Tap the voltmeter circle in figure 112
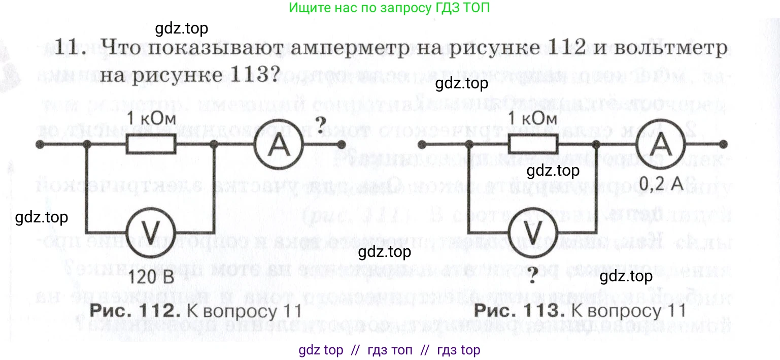[151, 232]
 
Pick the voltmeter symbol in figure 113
[533, 232]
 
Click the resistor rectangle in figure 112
[151, 145]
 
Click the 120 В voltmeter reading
[152, 277]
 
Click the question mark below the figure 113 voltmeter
[532, 277]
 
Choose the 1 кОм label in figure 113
[532, 119]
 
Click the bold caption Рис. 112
[135, 310]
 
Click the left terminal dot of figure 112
[39, 145]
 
